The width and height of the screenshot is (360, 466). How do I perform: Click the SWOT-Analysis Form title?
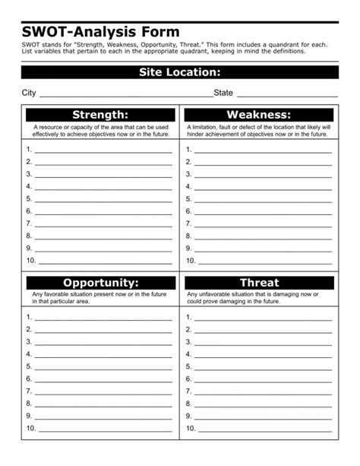click(101, 32)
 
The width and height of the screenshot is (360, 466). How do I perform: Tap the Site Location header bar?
click(179, 72)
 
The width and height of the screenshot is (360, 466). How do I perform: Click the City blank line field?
click(125, 94)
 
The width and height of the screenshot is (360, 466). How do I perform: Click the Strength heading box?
click(99, 114)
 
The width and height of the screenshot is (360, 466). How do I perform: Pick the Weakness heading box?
click(260, 114)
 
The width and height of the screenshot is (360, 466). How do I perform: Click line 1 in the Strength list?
click(103, 151)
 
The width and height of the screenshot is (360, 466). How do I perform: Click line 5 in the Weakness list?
click(264, 199)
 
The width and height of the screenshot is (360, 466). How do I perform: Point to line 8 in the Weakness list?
click(264, 236)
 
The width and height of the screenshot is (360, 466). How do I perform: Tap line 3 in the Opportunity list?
click(103, 342)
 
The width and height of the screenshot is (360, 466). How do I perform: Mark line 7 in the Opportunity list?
click(103, 392)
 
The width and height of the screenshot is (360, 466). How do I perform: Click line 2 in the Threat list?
click(264, 330)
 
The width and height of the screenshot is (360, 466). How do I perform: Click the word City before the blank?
click(29, 93)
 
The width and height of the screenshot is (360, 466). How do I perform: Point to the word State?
click(224, 93)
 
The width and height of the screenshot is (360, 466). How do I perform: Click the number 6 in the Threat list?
click(188, 379)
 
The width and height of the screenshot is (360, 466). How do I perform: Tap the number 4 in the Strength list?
click(29, 186)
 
